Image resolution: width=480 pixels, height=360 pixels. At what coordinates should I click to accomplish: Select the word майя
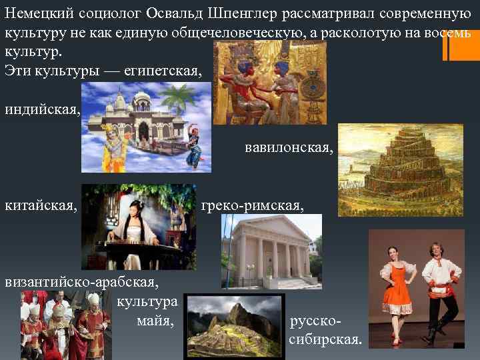coord(155,321)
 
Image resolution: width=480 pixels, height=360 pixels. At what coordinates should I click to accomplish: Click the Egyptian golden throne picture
coord(269,80)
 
